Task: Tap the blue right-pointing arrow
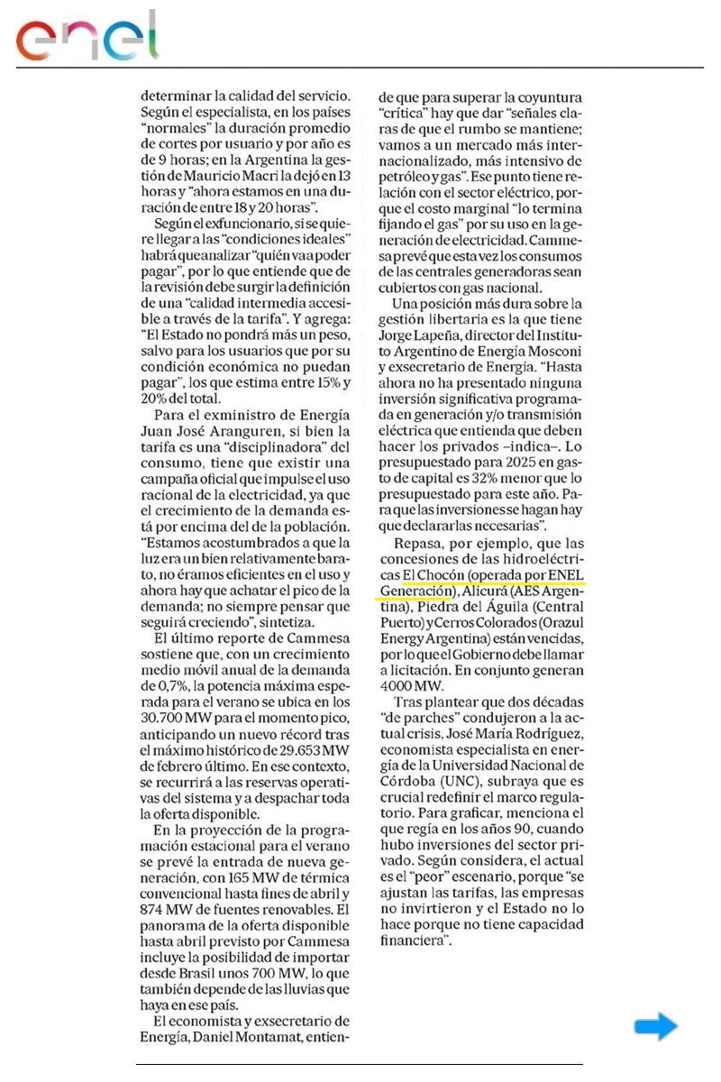[x=655, y=1026]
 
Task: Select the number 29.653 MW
[x=309, y=736]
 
